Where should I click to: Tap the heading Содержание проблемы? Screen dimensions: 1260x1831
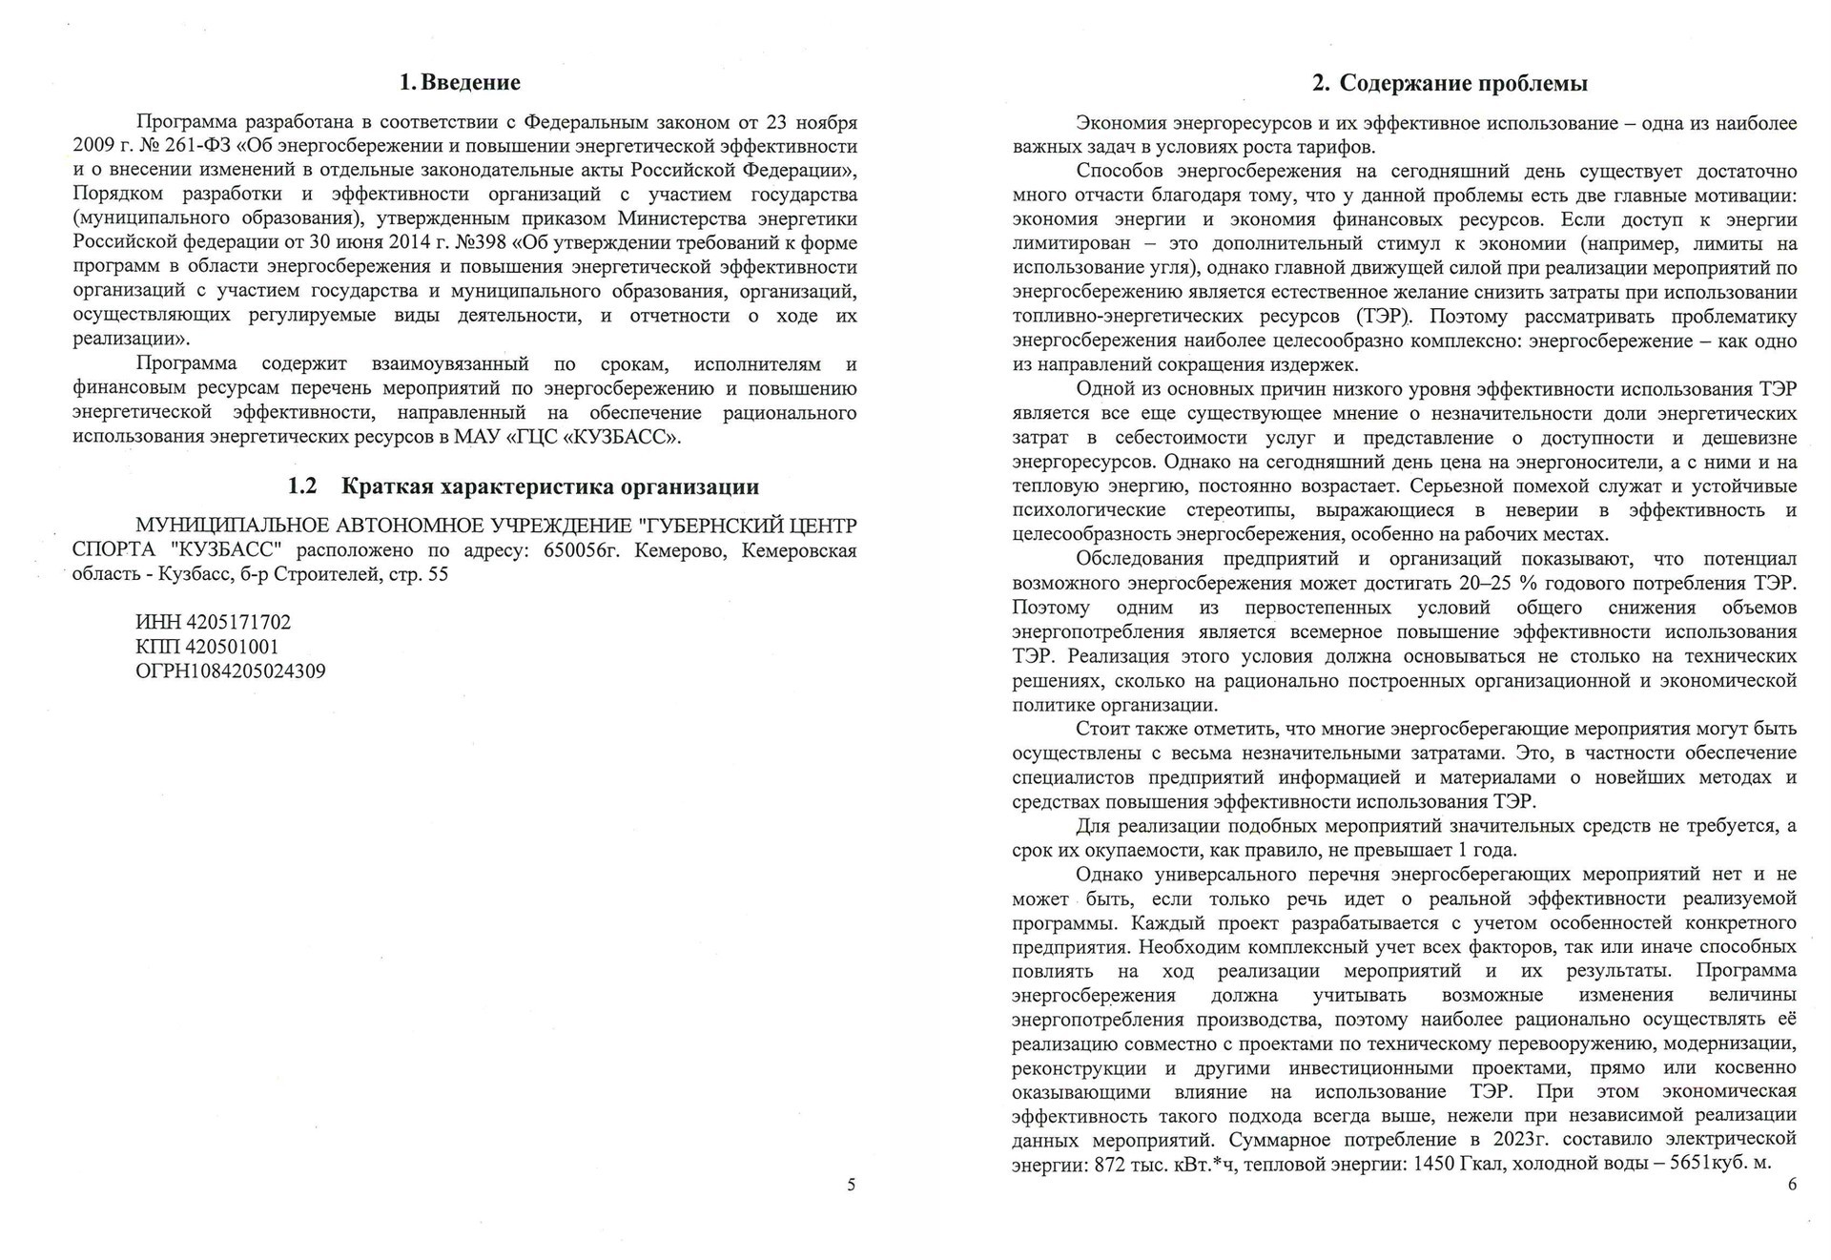click(1463, 84)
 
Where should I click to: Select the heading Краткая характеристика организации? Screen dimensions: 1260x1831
click(550, 487)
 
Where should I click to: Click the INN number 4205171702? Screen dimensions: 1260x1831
click(238, 623)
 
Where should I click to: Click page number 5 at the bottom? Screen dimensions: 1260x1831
click(852, 1185)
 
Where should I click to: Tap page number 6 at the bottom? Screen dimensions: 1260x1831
click(1792, 1185)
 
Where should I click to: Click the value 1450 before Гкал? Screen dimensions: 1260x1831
click(1434, 1164)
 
